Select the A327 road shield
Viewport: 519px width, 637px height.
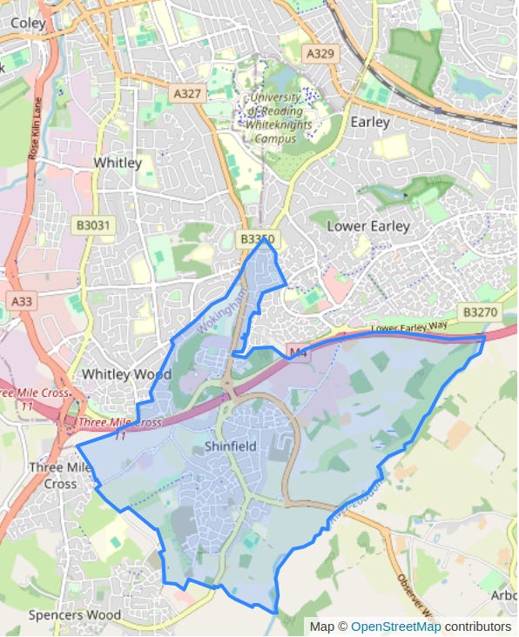pos(187,92)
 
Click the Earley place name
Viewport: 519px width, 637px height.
pos(369,122)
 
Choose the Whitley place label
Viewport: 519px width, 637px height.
pos(118,163)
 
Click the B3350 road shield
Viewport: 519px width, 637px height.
pos(258,238)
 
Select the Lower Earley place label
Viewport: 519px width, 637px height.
pos(367,226)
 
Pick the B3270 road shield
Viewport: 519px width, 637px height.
pos(479,312)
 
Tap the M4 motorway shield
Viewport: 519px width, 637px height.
pos(299,352)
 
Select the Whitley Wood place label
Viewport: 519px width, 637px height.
pos(126,374)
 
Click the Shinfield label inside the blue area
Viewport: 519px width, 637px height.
pos(230,446)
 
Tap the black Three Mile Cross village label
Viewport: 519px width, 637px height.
pos(60,475)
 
